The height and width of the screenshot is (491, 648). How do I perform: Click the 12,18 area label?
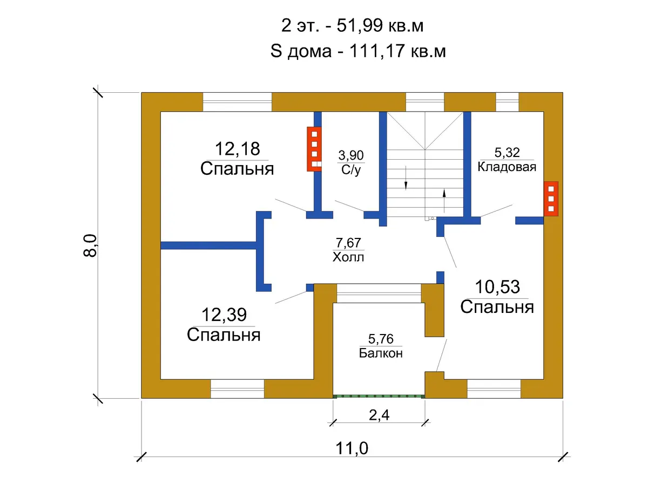tap(237, 148)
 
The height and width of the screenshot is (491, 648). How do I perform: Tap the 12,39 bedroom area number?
tap(224, 315)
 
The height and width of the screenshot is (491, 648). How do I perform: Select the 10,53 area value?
tap(497, 287)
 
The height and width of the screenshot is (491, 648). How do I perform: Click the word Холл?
tap(348, 257)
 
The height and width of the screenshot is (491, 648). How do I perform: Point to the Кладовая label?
tap(507, 167)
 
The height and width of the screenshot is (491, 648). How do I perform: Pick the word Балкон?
tap(381, 353)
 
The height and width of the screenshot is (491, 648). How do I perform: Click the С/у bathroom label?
tap(350, 170)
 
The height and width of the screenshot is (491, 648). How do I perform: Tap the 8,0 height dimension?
tap(90, 245)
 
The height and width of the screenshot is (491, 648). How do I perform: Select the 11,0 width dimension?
tap(352, 448)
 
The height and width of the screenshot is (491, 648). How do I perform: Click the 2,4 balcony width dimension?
tap(379, 415)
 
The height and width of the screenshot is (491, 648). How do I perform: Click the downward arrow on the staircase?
tap(406, 177)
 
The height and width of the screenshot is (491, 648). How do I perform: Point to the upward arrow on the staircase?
tap(444, 201)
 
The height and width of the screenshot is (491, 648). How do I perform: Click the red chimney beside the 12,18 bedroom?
tap(314, 149)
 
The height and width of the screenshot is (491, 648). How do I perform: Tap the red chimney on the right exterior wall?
tap(551, 199)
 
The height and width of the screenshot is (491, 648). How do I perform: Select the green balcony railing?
tap(379, 397)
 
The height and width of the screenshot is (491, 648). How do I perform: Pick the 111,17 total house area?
tap(376, 51)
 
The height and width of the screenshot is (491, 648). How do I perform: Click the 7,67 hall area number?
tap(348, 243)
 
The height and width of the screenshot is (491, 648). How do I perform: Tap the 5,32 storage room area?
tap(507, 153)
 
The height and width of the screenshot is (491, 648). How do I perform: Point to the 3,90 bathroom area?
tap(350, 155)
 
